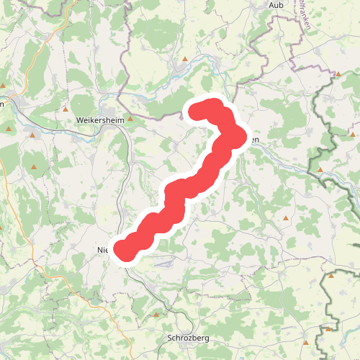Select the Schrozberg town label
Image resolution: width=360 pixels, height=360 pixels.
pos(183,338)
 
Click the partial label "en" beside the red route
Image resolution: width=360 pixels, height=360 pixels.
pos(254,141)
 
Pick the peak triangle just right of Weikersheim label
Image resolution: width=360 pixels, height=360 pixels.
pos(130,119)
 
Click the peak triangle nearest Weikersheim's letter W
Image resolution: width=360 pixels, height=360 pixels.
pos(66,110)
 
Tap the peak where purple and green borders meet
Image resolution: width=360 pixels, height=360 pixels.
pos(338,73)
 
